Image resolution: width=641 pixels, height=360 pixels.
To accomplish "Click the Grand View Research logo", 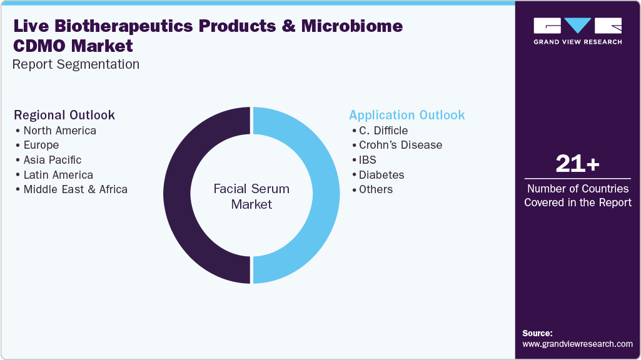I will tap(577, 31).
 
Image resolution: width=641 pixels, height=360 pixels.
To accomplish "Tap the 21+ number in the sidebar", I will tap(577, 164).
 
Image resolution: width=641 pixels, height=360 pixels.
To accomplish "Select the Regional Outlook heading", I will tap(64, 115).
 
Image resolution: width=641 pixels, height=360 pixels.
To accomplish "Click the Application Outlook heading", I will tap(406, 115).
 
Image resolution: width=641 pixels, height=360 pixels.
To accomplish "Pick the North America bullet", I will tap(59, 131).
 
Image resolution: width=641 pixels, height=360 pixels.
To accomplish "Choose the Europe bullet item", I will tap(41, 145).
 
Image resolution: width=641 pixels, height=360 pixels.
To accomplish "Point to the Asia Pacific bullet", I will tap(52, 160).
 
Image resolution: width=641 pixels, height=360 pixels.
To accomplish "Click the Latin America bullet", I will tap(58, 175).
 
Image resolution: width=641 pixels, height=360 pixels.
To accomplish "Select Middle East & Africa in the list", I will tap(75, 189).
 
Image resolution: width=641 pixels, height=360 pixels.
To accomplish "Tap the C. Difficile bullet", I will tap(383, 131).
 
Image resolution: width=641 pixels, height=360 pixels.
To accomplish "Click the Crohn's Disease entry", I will tap(400, 145).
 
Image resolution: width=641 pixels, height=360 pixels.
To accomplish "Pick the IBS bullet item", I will tap(367, 160).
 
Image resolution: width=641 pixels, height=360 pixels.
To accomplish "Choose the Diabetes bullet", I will tap(381, 175).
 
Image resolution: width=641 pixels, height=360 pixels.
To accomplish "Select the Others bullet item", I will tap(375, 189).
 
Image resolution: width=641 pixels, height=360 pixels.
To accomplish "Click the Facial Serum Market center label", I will tap(251, 196).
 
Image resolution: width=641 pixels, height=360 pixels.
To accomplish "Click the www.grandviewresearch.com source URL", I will tap(577, 344).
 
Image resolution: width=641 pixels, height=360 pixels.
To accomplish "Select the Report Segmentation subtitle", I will tap(76, 64).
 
